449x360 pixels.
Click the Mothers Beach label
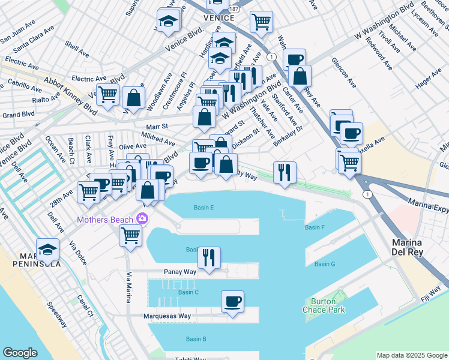[x=105, y=219]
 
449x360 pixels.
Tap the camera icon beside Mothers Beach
[x=142, y=218]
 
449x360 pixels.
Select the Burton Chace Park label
[x=328, y=306]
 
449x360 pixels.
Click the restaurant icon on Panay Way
[x=209, y=258]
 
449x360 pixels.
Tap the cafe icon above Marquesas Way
[x=232, y=302]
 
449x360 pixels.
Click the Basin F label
[x=315, y=227]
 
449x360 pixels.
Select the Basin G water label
[x=324, y=264]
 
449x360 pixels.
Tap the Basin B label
[x=196, y=339]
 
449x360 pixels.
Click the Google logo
[x=20, y=353]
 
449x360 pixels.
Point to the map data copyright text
[x=412, y=355]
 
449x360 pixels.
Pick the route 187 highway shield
[x=234, y=10]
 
